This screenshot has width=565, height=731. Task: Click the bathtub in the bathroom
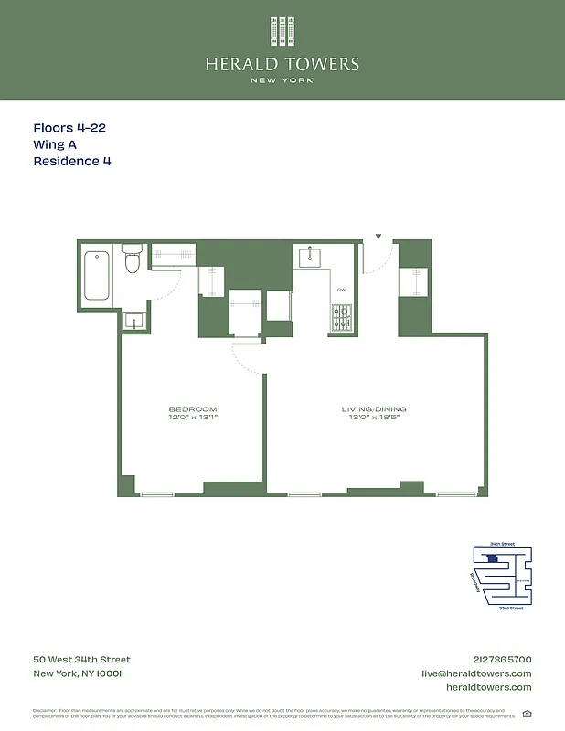(98, 274)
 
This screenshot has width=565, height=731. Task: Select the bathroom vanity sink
(133, 321)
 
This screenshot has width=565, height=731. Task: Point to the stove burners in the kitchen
(342, 317)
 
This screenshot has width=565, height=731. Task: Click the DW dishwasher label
(341, 290)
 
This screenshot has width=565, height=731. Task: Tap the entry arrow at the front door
(378, 238)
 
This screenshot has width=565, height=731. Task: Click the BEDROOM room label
(193, 408)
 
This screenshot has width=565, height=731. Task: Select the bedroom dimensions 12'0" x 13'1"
(193, 417)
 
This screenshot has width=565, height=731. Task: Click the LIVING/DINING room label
(377, 408)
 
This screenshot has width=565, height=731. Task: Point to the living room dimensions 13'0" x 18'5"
(377, 417)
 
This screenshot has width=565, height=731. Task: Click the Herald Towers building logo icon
(282, 31)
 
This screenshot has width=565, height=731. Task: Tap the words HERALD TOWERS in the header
(282, 64)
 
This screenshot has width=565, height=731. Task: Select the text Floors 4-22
(69, 128)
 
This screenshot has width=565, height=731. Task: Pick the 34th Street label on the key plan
(503, 544)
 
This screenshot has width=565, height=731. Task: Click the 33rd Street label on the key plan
(511, 608)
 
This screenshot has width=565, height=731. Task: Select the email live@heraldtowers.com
(475, 673)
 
